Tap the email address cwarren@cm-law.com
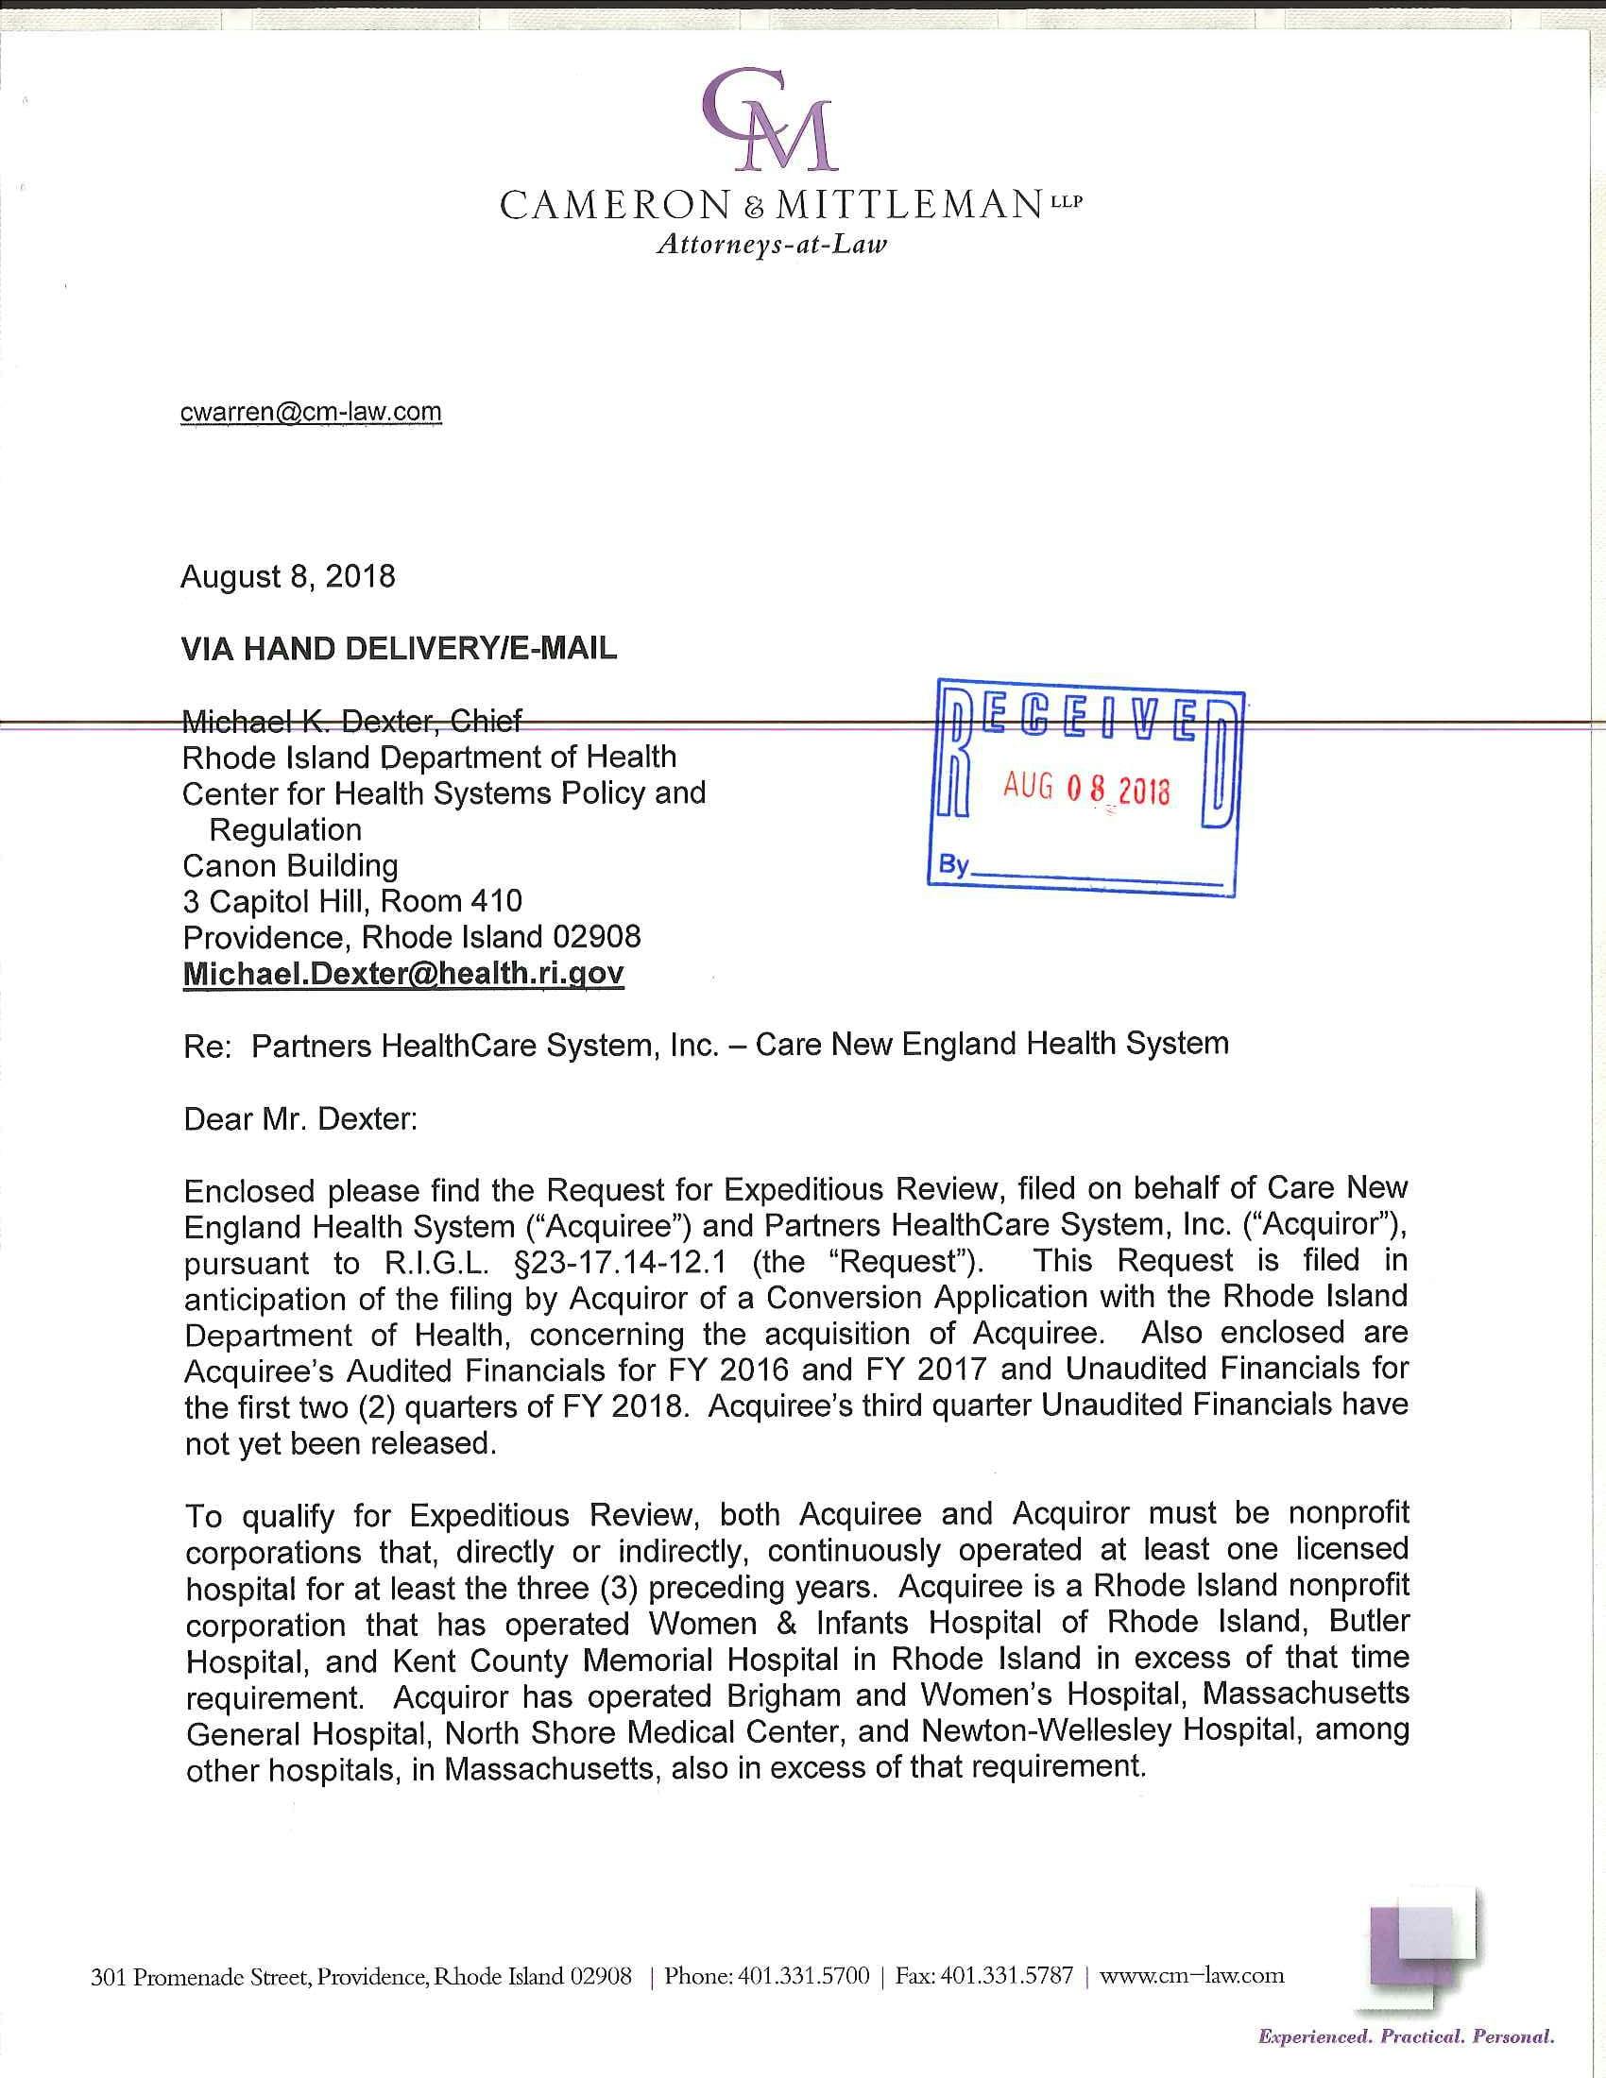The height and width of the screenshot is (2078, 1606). pyautogui.click(x=311, y=412)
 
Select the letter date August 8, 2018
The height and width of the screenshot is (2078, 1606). pyautogui.click(x=287, y=576)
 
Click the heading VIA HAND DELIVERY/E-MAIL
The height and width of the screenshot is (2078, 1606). pyautogui.click(x=399, y=649)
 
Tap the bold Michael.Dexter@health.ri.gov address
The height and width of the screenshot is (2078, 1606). pyautogui.click(x=403, y=973)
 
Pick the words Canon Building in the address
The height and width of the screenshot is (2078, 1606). pyautogui.click(x=290, y=866)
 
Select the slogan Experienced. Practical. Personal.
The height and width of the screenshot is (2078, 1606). pyautogui.click(x=1407, y=2037)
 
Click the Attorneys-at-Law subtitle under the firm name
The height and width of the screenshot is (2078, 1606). pyautogui.click(x=771, y=245)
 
